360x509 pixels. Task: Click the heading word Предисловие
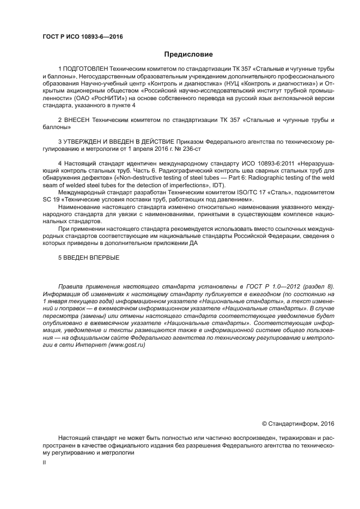[x=188, y=54]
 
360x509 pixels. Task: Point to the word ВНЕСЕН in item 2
[x=78, y=119]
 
